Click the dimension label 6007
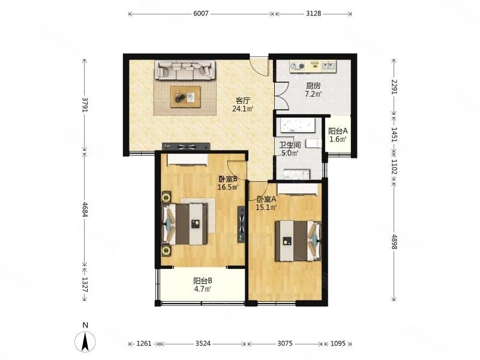pos(201,13)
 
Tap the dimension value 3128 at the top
pos(313,13)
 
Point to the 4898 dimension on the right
pos(394,242)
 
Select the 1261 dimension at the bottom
pos(144,343)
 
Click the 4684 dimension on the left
pos(85,209)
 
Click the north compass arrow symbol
pos(85,341)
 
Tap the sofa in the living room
pos(185,70)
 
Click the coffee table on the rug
pos(185,97)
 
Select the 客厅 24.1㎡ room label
pos(242,104)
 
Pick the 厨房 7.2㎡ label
pos(313,90)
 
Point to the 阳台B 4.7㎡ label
pos(203,284)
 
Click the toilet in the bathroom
pos(314,143)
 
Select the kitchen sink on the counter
pos(328,65)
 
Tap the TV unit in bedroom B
pos(241,224)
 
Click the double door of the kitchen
pos(281,96)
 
